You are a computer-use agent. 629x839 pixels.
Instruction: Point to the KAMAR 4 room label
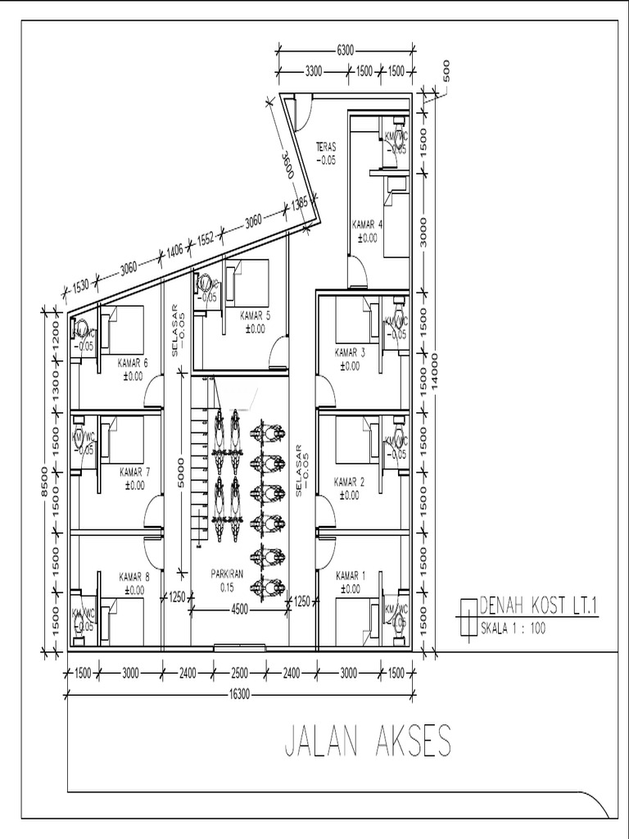click(x=367, y=224)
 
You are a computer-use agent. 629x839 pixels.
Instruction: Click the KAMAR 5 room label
click(x=255, y=315)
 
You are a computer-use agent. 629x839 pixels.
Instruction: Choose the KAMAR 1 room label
click(x=351, y=576)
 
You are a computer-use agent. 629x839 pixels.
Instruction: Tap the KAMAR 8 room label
click(x=133, y=576)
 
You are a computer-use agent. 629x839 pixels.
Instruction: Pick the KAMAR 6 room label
click(x=133, y=363)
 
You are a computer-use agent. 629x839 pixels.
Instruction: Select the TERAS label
click(x=326, y=147)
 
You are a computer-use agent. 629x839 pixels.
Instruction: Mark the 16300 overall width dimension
click(x=239, y=694)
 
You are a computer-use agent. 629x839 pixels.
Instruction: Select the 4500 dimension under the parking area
click(x=239, y=609)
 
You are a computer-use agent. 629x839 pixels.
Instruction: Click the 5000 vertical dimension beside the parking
click(x=182, y=474)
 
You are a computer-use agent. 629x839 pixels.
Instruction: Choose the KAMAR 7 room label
click(x=134, y=472)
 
